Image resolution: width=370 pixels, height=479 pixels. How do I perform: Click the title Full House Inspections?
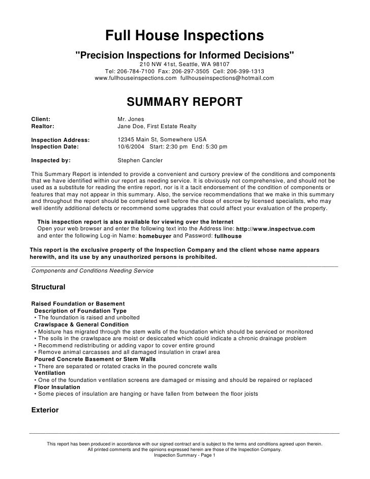184,36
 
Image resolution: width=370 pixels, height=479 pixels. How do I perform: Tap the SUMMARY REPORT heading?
184,102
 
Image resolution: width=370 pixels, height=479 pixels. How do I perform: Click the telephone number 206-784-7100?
133,72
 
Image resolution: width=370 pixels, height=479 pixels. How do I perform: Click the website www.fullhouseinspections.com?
136,78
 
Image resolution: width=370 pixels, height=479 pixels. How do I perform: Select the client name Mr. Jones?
131,118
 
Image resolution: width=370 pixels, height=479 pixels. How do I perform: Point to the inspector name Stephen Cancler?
140,160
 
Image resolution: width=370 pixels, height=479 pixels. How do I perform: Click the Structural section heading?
48,287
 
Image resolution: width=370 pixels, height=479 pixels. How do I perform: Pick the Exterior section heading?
45,410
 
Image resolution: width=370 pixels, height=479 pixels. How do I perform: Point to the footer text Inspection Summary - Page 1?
185,455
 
